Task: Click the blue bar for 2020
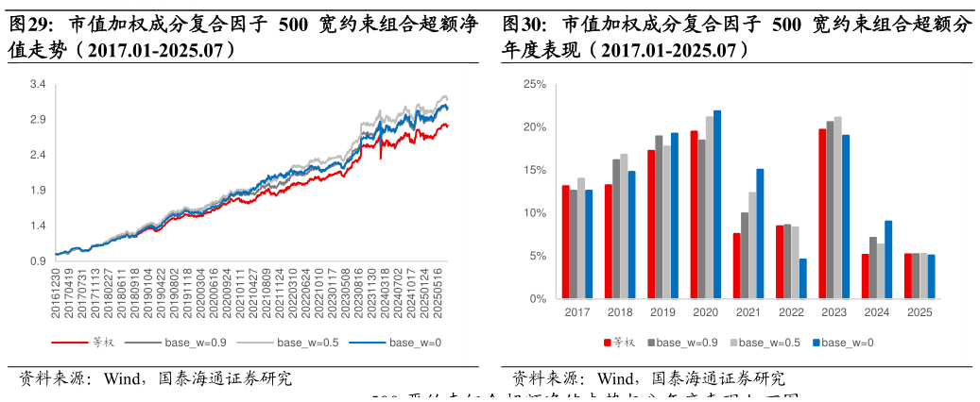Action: (717, 205)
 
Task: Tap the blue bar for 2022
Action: (803, 278)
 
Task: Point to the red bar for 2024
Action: (865, 276)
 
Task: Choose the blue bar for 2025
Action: (931, 276)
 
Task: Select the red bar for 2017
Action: (565, 243)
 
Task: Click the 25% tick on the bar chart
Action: (535, 85)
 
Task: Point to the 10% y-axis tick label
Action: (535, 213)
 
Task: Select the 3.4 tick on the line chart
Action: (38, 85)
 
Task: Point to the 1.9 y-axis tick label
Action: (38, 191)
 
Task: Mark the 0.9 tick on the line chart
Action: (38, 261)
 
